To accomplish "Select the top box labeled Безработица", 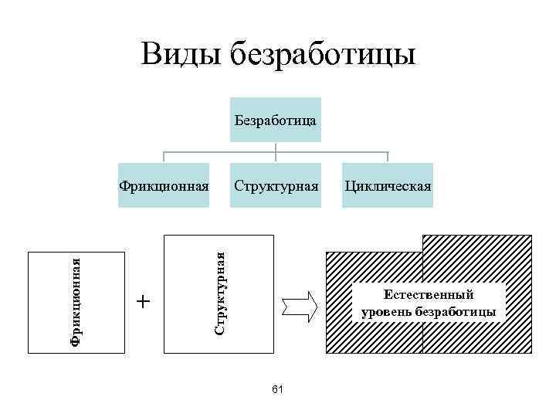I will pyautogui.click(x=275, y=120).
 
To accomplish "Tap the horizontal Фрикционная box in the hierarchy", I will pyautogui.click(x=164, y=186).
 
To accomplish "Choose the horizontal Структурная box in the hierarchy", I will pyautogui.click(x=275, y=186).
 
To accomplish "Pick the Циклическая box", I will pyautogui.click(x=388, y=186).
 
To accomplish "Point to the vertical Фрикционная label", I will pyautogui.click(x=75, y=301).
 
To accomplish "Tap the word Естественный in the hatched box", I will pyautogui.click(x=429, y=294).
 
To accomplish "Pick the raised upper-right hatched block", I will pyautogui.click(x=476, y=251).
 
